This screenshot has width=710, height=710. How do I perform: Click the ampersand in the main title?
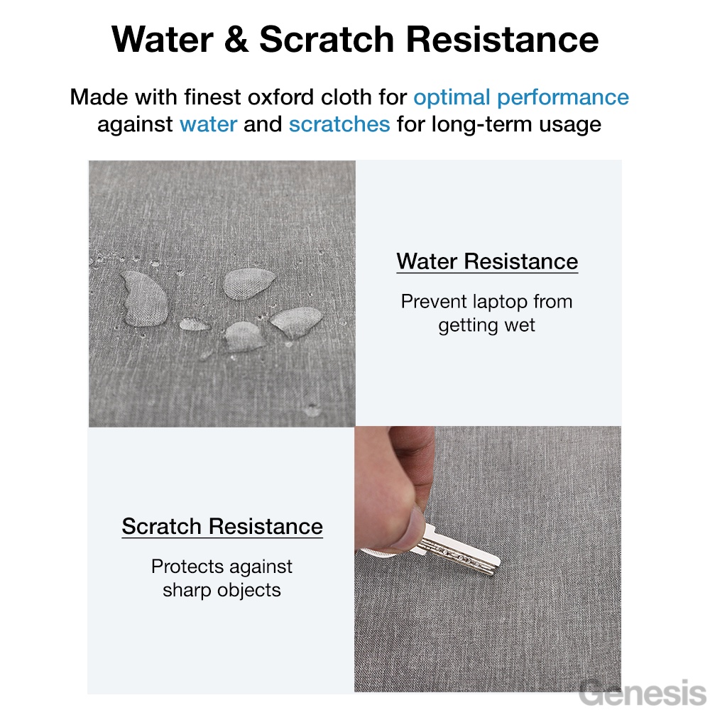point(236,39)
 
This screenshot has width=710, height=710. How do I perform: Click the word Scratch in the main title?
point(327,39)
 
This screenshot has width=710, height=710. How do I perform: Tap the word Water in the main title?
point(163,39)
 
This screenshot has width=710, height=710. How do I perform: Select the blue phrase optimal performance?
point(521,98)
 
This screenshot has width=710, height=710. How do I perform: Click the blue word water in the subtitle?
point(208,124)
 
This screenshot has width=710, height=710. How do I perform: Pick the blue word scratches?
point(339,124)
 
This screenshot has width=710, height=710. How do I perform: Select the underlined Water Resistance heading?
point(487,262)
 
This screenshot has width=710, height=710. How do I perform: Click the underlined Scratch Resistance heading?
point(222,527)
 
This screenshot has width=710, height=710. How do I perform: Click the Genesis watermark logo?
point(643,693)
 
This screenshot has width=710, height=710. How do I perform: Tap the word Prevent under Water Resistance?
point(433,302)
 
